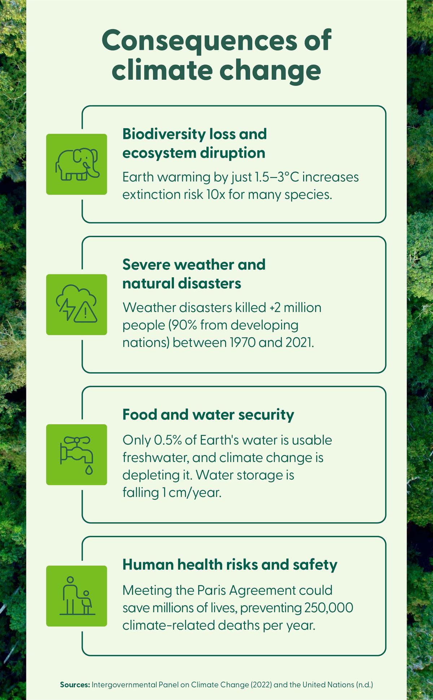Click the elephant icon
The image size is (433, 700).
77,165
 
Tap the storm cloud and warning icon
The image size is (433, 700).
77,304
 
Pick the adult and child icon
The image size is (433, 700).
77,596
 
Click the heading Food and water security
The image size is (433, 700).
208,414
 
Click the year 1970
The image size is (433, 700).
242,342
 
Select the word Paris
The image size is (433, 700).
211,590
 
